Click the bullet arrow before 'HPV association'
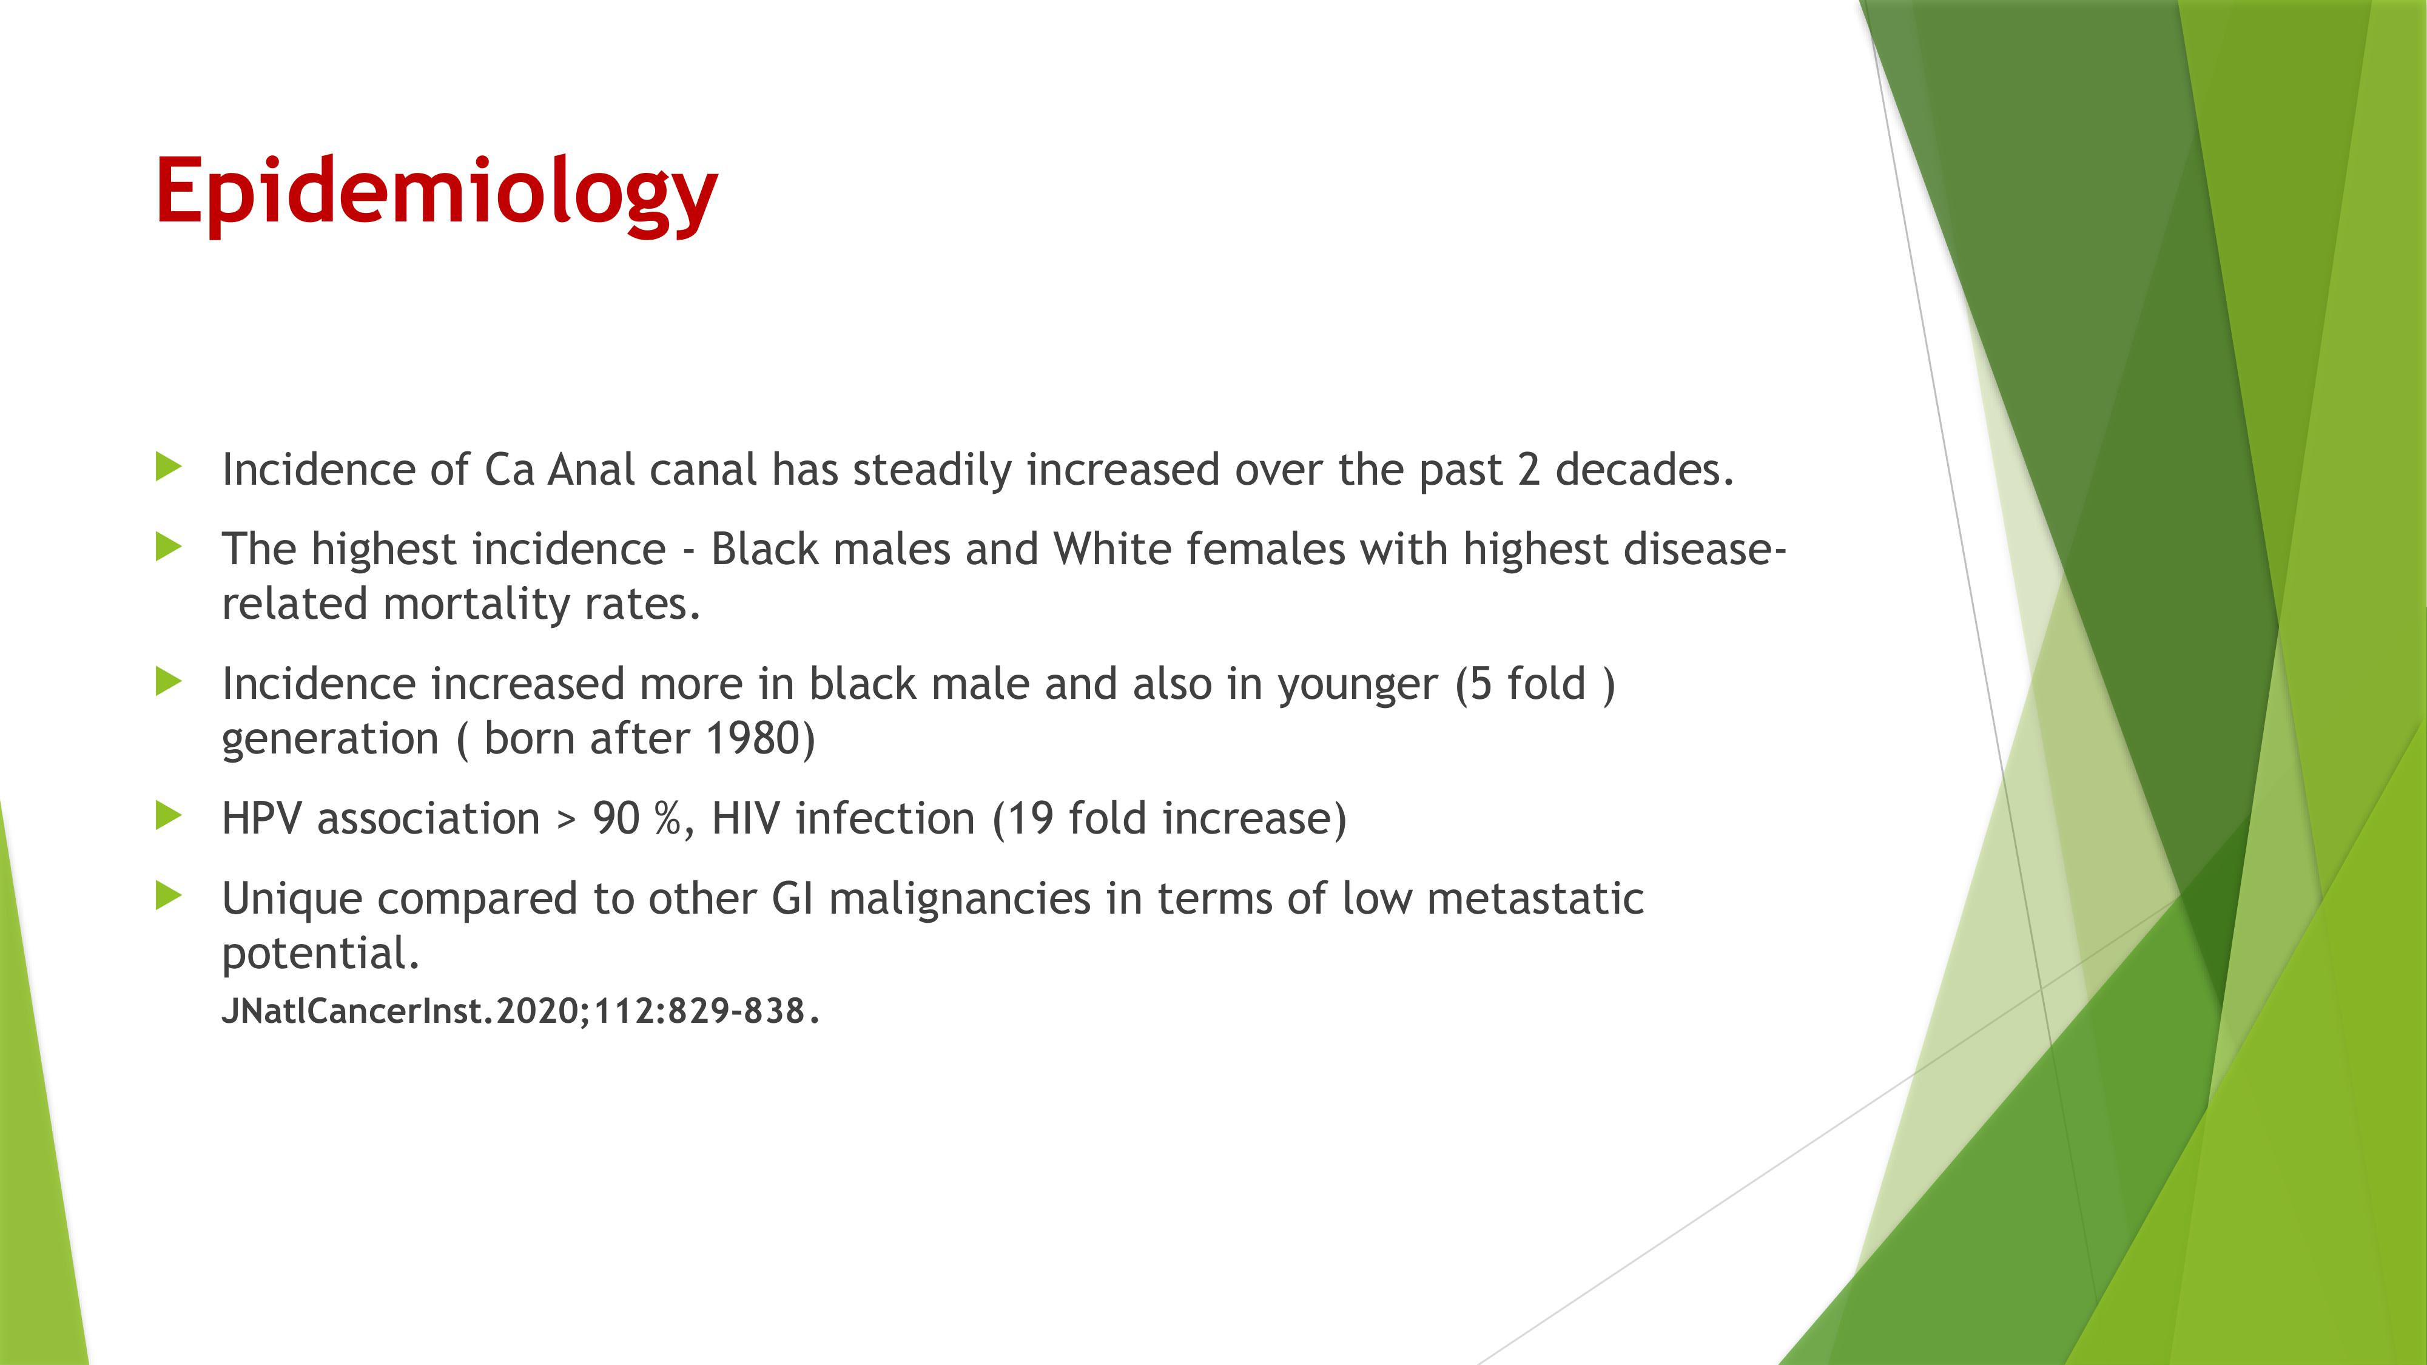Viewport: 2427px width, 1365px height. [169, 816]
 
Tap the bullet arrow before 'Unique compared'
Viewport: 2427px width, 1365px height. [169, 896]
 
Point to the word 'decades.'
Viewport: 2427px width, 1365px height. [1644, 469]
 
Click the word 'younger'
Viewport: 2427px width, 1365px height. [1358, 686]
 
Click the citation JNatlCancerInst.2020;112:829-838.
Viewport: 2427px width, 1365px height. [520, 1011]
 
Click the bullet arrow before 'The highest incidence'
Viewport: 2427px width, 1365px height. [169, 547]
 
